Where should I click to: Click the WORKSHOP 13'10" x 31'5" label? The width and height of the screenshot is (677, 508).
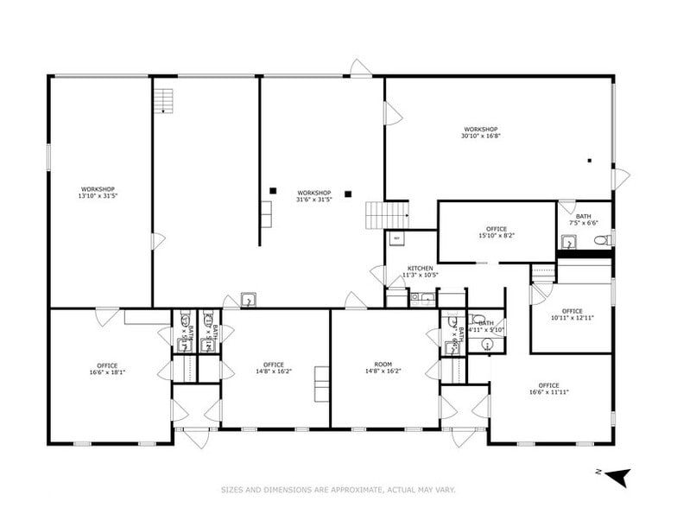pos(98,193)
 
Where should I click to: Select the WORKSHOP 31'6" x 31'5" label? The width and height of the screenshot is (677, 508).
pos(314,196)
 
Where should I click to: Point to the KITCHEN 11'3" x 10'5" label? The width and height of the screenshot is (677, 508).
pos(420,271)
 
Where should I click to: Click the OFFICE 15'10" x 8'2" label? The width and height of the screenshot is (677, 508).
pos(497,232)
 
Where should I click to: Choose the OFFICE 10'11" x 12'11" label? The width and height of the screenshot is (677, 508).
pos(572,314)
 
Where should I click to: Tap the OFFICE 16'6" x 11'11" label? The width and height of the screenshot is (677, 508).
pos(548,389)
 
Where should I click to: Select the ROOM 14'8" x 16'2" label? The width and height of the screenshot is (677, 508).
pos(383,368)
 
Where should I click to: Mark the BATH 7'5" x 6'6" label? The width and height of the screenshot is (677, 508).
pos(584,219)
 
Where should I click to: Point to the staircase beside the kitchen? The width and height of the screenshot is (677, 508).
pos(386,215)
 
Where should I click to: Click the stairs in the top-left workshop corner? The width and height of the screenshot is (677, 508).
pos(163,101)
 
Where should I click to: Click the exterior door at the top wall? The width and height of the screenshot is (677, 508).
pos(360,68)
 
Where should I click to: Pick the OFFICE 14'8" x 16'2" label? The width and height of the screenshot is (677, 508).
pos(274,368)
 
